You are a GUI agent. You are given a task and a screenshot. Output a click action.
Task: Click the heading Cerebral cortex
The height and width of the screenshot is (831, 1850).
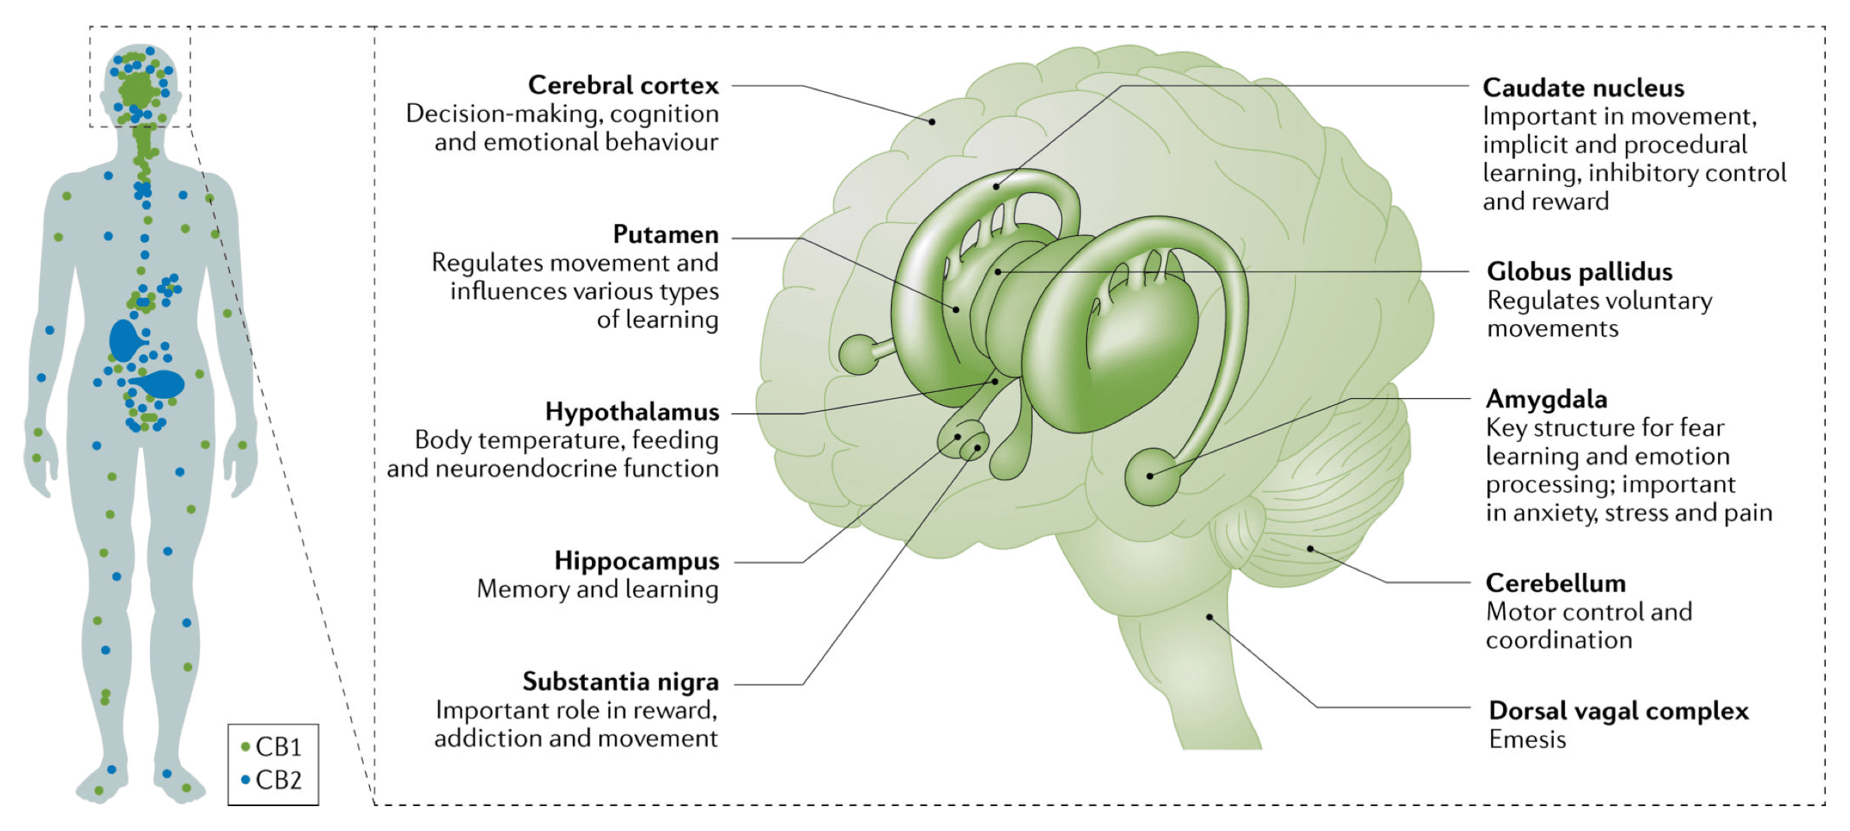623,85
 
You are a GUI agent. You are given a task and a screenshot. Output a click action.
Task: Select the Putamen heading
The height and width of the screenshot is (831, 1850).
665,235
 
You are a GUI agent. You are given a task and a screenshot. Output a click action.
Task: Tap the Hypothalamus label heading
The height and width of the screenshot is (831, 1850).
632,412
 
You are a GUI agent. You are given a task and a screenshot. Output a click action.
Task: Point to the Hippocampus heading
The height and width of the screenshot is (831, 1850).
636,561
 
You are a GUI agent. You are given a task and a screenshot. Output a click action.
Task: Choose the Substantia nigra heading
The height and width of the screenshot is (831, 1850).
620,682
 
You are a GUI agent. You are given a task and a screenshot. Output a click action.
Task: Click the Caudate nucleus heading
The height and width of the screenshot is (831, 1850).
1583,88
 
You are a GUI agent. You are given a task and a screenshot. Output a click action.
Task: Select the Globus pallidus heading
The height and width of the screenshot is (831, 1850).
1579,271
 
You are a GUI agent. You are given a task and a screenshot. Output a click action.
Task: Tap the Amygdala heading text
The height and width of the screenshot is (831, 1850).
1546,399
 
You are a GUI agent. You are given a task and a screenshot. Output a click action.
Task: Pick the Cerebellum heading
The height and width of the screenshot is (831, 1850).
1555,583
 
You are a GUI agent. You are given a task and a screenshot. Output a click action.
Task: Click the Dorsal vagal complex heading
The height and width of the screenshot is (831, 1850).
1619,710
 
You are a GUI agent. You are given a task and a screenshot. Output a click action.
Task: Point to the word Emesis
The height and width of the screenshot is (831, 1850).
1527,740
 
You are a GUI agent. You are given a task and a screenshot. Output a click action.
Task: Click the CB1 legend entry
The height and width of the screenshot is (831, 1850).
272,747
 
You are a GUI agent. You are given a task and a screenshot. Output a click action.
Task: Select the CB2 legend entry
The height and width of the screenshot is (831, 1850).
272,780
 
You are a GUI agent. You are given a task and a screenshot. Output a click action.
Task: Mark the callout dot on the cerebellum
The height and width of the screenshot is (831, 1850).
1310,549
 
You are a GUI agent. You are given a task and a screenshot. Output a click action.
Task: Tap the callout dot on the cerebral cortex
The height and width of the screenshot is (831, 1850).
933,121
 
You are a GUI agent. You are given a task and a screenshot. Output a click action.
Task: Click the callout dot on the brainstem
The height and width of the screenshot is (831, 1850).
1209,617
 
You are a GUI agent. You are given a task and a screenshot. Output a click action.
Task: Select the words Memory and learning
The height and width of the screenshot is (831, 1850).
597,589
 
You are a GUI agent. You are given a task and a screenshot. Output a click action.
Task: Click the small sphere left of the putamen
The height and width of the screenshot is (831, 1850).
859,354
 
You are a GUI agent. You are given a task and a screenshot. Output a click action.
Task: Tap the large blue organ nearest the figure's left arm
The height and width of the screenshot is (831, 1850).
125,340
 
